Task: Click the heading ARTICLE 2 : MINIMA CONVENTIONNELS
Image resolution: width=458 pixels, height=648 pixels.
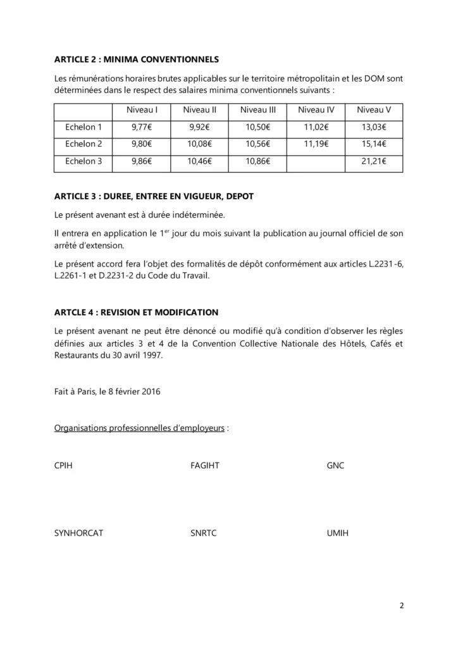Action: click(137, 59)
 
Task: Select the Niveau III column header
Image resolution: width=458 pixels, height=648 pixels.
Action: click(258, 110)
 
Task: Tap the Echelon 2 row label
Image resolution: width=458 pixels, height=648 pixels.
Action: click(84, 144)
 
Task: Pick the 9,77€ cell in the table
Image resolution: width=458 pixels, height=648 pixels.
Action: click(142, 127)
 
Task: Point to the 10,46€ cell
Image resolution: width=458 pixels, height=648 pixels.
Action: click(200, 161)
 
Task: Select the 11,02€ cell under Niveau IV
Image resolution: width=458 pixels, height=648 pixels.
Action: click(316, 127)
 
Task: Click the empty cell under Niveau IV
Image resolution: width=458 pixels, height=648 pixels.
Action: click(316, 161)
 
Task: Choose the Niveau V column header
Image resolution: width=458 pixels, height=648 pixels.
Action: click(374, 110)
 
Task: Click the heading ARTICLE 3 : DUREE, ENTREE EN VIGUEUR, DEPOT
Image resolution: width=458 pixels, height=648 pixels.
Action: click(158, 197)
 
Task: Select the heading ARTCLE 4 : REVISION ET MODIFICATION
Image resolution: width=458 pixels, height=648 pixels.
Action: click(137, 312)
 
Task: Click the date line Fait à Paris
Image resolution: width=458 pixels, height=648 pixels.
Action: click(108, 391)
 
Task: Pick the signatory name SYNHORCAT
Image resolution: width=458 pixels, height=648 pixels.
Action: click(79, 533)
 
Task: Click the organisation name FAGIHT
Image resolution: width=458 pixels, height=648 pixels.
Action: click(205, 465)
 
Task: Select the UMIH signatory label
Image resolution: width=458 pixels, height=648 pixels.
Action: click(338, 533)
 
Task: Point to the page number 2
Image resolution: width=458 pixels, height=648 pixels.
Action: click(402, 605)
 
